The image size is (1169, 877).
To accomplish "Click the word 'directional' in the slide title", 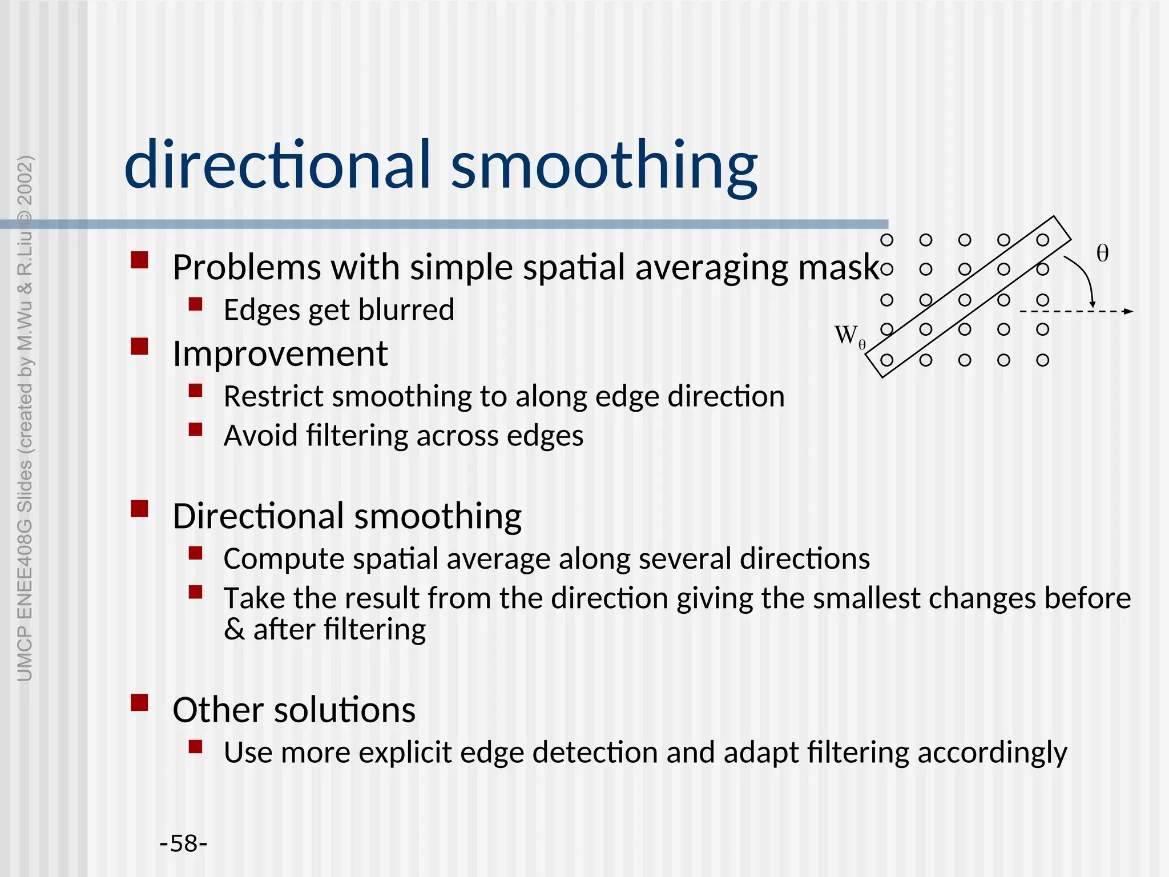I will point(277,166).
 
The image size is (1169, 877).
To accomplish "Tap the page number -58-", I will point(183,843).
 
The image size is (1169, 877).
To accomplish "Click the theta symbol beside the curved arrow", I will point(1102,254).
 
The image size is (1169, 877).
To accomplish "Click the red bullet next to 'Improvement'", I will point(139,347).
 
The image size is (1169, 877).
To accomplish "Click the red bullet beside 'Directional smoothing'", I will point(139,508).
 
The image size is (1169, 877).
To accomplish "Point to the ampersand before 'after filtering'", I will point(234,630).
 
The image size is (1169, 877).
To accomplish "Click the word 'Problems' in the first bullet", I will point(247,267).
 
